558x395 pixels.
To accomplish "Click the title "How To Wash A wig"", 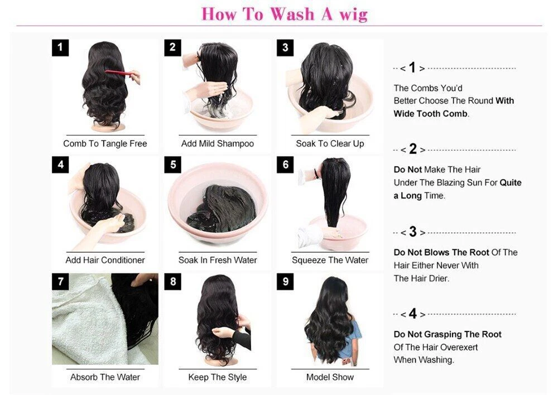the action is tap(285, 14).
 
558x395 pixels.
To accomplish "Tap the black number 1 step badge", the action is tap(60, 47).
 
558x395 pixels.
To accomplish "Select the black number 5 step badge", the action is tap(172, 165).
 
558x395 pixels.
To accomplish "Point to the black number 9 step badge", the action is tap(285, 282).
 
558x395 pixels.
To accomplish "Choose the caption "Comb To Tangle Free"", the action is tap(105, 143).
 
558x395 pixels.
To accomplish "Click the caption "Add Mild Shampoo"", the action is tap(218, 143).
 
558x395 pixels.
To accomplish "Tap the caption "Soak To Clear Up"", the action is tap(330, 143).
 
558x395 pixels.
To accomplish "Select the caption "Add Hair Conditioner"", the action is tap(105, 260).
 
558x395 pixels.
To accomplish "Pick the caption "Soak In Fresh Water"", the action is tap(218, 260).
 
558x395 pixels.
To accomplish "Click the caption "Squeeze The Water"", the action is tap(330, 260).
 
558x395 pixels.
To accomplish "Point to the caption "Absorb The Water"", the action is tap(105, 377).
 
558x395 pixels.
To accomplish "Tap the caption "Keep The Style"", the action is tap(218, 377).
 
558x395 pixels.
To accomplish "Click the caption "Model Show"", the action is tap(330, 377).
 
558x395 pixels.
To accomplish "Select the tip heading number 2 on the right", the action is tap(412, 149).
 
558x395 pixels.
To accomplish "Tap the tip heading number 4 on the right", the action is tap(412, 314).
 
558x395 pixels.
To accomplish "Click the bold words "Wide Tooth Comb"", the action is tap(430, 113).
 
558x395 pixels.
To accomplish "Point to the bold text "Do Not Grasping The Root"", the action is tap(448, 334).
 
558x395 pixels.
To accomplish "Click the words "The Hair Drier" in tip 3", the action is tap(421, 278).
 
